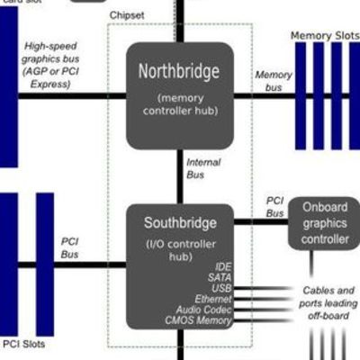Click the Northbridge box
[179, 94]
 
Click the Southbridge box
[179, 265]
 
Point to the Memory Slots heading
[324, 36]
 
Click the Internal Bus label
[202, 167]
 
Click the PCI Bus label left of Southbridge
[70, 247]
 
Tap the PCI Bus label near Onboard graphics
[274, 207]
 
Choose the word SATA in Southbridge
[220, 278]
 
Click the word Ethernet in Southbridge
[213, 299]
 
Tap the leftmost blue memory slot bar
[301, 94]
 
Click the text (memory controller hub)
[179, 103]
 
